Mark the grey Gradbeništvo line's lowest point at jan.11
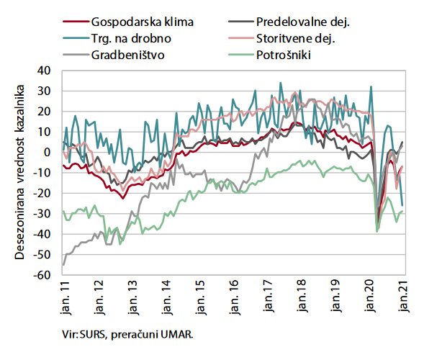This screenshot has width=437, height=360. (x=63, y=264)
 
